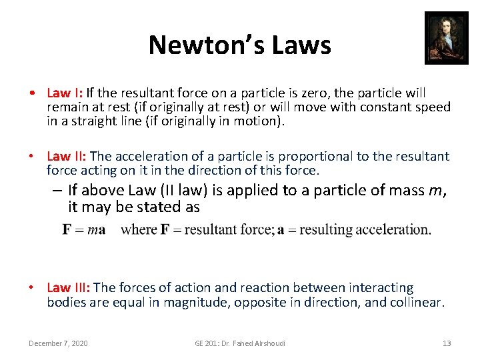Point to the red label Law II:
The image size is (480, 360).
tap(65, 156)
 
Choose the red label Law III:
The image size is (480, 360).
tap(69, 287)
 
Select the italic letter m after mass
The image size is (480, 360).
tap(435, 191)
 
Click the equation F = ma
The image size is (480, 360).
tap(84, 230)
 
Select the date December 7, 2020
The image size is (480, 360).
tap(58, 343)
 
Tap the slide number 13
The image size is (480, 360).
tap(447, 343)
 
